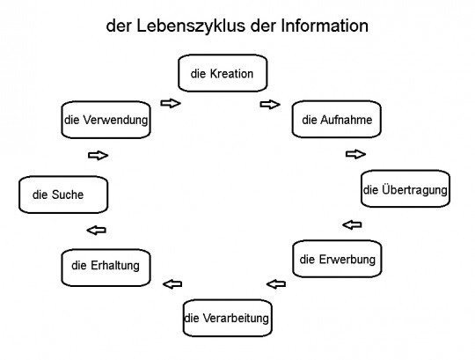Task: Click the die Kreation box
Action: click(222, 74)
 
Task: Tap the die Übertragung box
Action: click(406, 188)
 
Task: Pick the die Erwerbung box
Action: click(337, 259)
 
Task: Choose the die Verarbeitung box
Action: click(227, 317)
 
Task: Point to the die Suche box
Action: click(62, 195)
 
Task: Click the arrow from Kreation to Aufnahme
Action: click(269, 104)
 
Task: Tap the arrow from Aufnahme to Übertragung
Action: click(355, 154)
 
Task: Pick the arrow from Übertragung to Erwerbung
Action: click(352, 224)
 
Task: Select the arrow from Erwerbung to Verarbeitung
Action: click(275, 283)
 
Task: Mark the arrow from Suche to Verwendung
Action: click(99, 156)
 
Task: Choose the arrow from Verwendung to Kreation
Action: click(171, 104)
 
